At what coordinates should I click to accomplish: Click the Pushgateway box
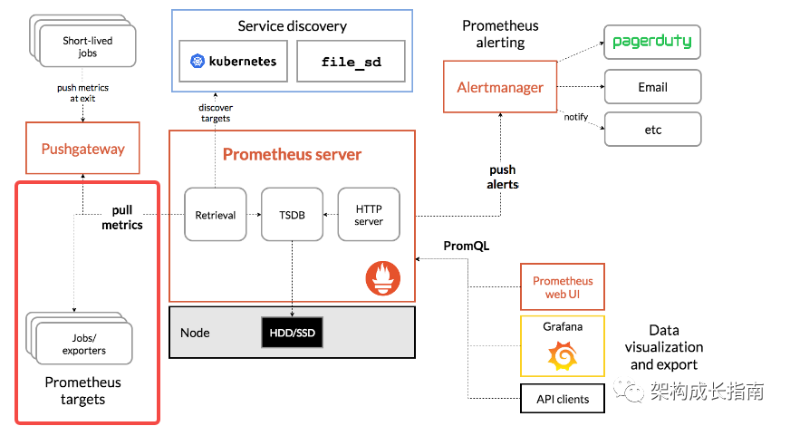[x=83, y=149]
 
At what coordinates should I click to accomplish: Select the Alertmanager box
[x=500, y=87]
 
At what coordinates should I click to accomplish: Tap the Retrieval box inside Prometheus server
[x=216, y=215]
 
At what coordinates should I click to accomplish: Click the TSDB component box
[x=292, y=215]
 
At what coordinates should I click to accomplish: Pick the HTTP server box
[x=369, y=215]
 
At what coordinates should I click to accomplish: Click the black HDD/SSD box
[x=292, y=333]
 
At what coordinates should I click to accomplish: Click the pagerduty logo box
[x=652, y=42]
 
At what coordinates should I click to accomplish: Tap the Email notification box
[x=652, y=87]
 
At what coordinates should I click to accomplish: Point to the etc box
[x=652, y=130]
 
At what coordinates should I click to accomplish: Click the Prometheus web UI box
[x=563, y=287]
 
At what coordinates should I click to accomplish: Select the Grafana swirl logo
[x=563, y=357]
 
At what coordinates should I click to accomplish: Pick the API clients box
[x=563, y=398]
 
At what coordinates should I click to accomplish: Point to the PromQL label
[x=467, y=246]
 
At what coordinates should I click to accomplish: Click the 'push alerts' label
[x=503, y=177]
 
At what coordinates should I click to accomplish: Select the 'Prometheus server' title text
[x=292, y=154]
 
